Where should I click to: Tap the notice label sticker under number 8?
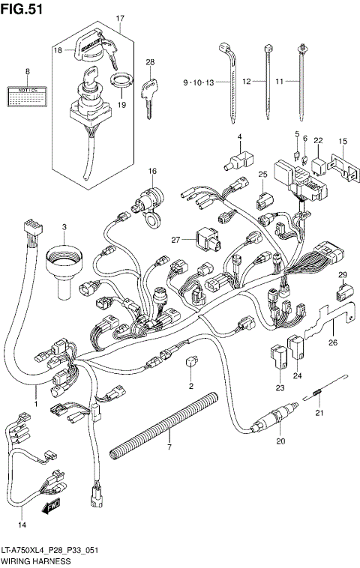click(x=27, y=94)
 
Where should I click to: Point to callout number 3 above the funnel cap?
click(x=64, y=226)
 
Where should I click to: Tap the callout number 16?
click(x=152, y=172)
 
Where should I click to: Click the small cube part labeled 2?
click(x=190, y=363)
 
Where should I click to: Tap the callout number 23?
click(x=280, y=387)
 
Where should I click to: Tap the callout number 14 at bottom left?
click(x=22, y=524)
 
